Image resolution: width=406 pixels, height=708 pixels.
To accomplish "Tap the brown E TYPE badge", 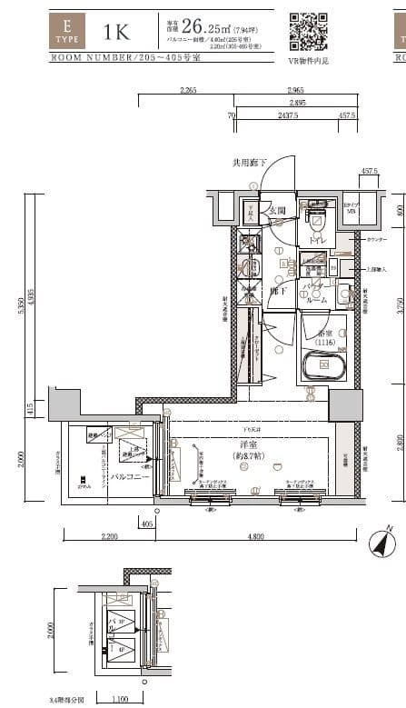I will pos(67,30).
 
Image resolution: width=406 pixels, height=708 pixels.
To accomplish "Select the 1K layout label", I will pos(117,32).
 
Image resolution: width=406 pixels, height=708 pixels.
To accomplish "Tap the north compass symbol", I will pos(382,543).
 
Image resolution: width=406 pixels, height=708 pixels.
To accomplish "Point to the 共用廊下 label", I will pos(250,163).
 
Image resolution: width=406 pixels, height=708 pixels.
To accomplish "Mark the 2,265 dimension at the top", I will pos(188,91).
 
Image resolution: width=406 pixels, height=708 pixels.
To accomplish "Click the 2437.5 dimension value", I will pos(284,116).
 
